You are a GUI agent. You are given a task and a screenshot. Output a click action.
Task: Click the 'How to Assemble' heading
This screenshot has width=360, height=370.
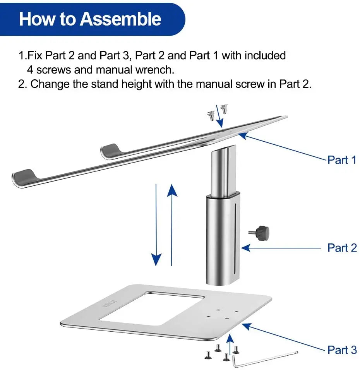[90, 19]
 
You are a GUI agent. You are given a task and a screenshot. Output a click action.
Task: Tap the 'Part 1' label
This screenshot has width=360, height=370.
[341, 160]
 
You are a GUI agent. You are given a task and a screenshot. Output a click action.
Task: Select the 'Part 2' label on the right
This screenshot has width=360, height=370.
[342, 248]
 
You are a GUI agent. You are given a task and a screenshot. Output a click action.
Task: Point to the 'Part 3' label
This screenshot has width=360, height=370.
[342, 350]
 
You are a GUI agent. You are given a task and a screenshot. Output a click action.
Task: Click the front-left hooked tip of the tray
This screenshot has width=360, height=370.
[24, 176]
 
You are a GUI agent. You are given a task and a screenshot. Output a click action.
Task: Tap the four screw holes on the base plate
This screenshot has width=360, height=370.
[223, 314]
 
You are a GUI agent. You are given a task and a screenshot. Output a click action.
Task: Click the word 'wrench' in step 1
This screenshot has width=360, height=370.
[154, 70]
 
